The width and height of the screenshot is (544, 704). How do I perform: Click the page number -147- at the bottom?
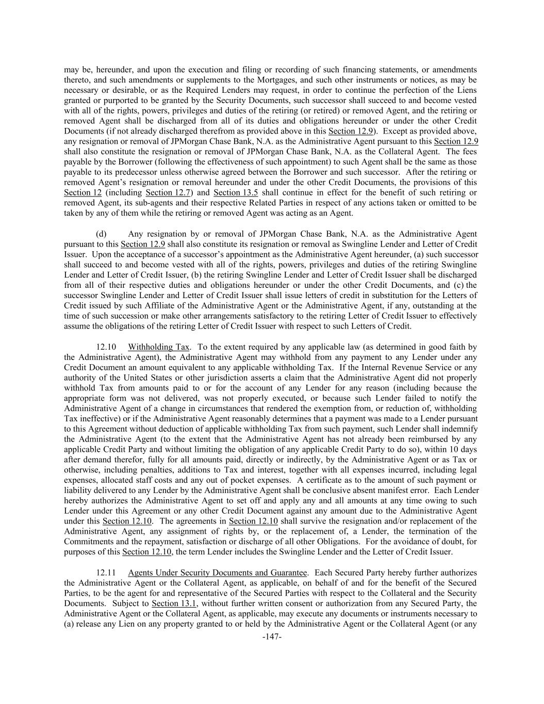pos(272,637)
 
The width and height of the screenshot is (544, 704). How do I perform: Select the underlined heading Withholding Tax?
pos(159,347)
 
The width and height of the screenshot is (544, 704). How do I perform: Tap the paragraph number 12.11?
pos(106,572)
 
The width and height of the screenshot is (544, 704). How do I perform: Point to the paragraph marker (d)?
pos(102,234)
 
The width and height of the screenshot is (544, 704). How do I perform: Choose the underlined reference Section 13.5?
pos(236,193)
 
